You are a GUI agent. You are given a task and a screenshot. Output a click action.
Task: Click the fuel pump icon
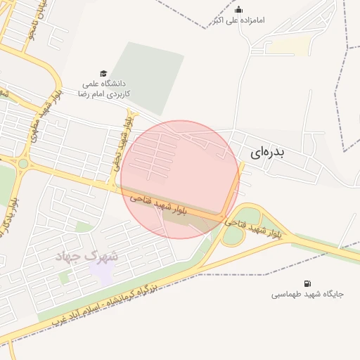307,283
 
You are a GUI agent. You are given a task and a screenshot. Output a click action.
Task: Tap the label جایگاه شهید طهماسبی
308,295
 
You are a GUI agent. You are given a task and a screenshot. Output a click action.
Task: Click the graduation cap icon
103,74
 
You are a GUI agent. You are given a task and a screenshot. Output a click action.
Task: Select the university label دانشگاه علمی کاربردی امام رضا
103,88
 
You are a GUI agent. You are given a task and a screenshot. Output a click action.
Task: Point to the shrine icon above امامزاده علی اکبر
238,9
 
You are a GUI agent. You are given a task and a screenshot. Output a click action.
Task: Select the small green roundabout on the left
23,164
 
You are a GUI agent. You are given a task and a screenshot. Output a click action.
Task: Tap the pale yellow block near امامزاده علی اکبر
290,46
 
